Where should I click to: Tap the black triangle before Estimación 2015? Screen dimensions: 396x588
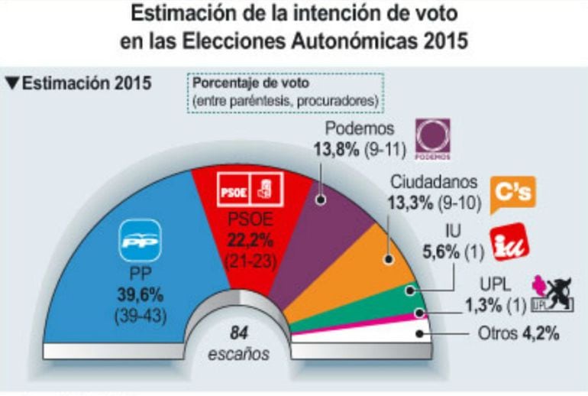point(11,82)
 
